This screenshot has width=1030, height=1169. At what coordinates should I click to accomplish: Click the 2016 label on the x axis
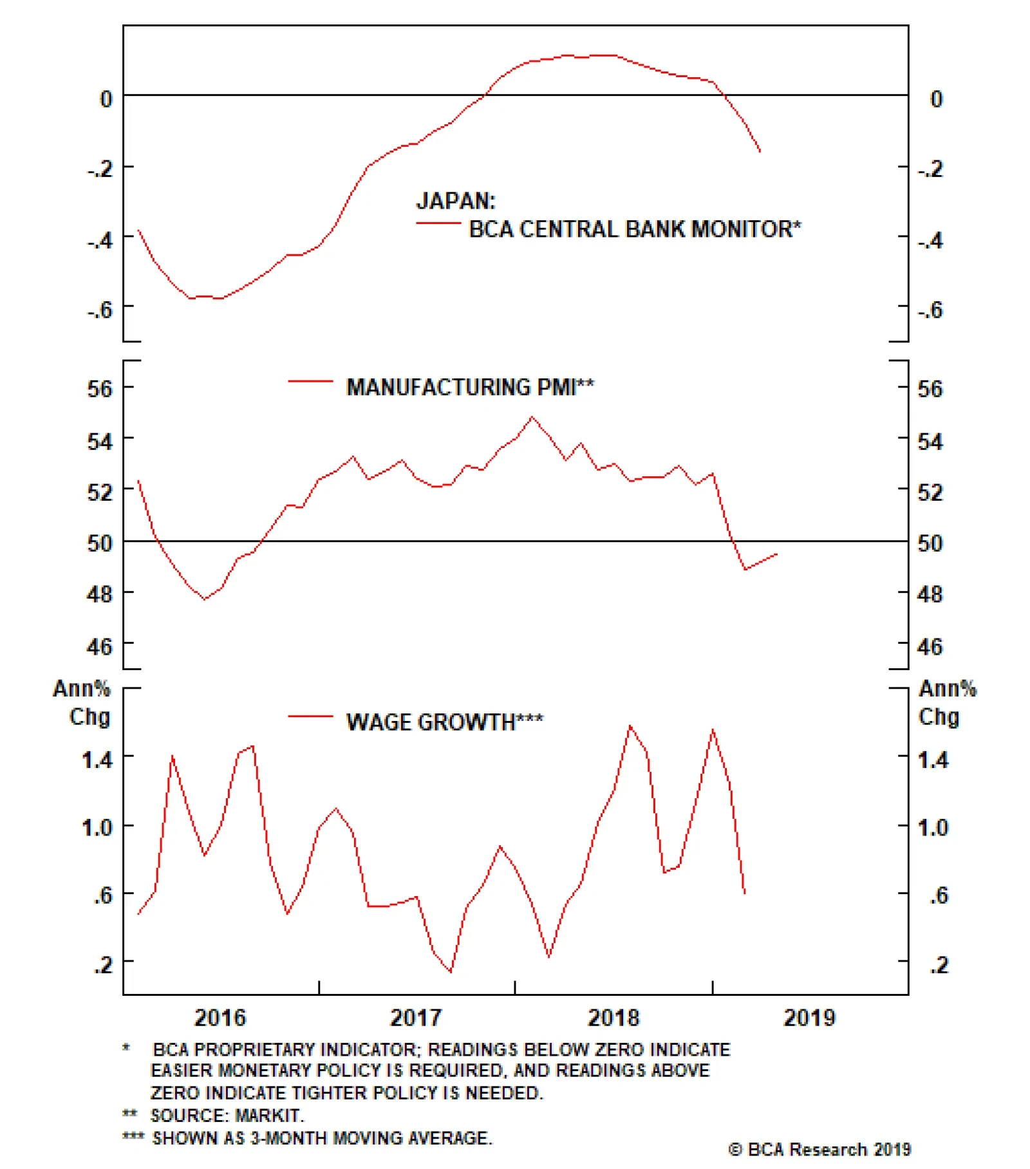click(x=220, y=1017)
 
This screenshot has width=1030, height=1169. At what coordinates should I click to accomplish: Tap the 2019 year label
click(x=809, y=1017)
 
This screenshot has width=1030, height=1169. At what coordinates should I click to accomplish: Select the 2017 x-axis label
click(x=416, y=1017)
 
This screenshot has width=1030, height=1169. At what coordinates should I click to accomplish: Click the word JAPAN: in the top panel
click(x=456, y=201)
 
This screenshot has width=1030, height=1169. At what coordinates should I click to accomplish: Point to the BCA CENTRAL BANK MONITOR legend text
click(x=635, y=229)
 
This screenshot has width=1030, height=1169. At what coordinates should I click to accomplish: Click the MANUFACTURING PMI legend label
click(x=470, y=387)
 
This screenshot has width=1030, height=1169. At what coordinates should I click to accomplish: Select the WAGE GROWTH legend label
click(x=444, y=722)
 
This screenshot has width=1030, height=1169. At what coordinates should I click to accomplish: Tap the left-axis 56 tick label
click(x=100, y=388)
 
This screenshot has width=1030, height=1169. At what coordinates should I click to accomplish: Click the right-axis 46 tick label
click(x=930, y=646)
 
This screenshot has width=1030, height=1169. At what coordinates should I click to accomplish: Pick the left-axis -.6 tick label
click(x=100, y=310)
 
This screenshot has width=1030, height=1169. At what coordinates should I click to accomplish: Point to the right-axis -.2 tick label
click(x=930, y=169)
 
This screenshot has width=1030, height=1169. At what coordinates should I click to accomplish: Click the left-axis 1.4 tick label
click(x=97, y=760)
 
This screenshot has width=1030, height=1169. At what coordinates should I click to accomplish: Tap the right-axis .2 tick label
click(x=939, y=964)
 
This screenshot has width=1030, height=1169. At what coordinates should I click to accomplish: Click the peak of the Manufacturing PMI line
click(x=532, y=417)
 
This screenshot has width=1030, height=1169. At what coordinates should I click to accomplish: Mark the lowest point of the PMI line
click(x=205, y=599)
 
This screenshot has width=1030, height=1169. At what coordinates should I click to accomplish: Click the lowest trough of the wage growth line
click(x=451, y=971)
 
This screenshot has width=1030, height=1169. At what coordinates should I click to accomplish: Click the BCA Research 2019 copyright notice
click(x=819, y=1149)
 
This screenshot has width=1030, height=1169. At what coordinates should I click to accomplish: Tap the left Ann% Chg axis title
click(x=82, y=702)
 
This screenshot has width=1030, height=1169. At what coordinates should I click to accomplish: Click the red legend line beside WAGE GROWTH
click(x=310, y=716)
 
